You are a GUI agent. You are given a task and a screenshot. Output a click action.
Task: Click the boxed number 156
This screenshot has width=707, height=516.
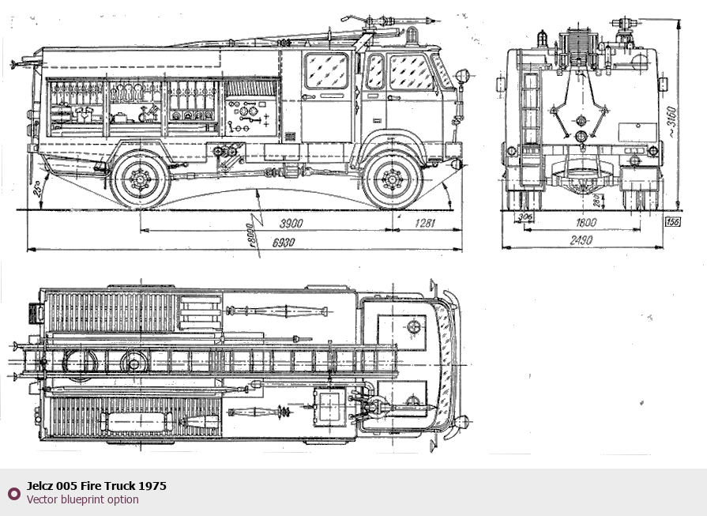pos(673,223)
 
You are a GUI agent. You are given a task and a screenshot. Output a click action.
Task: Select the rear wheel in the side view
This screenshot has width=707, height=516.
pos(141,180)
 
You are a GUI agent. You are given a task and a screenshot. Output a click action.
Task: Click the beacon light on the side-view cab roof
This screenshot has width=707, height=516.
pos(412,35)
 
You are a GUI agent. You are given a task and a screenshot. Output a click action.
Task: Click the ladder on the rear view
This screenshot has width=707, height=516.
pos(529,111)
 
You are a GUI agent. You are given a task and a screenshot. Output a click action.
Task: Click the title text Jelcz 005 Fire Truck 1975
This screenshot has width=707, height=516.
pos(96,486)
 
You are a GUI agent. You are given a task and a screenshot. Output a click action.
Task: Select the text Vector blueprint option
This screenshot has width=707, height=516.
pos(82,499)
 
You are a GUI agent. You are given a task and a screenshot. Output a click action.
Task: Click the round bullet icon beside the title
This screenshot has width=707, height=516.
pos(13,493)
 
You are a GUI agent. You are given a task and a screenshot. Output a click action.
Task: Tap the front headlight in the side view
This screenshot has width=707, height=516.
pos(461,76)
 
